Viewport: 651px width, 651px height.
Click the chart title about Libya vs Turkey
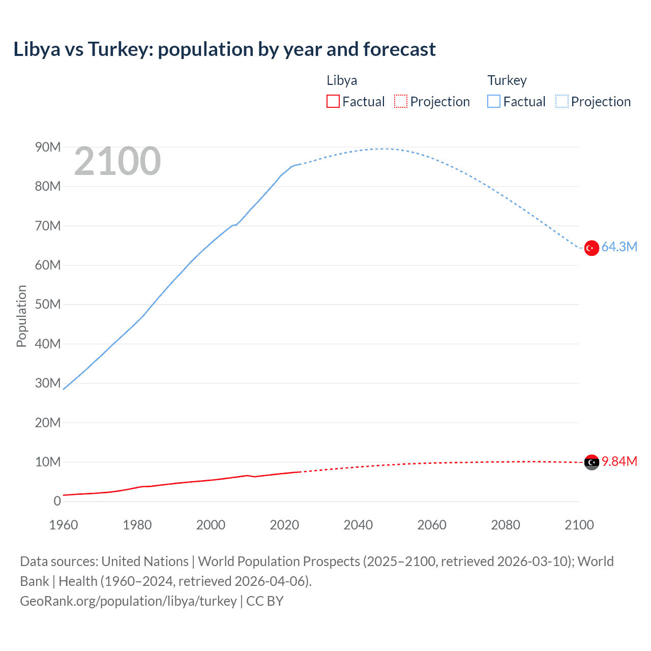point(224,49)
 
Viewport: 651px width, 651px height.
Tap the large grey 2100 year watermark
point(117,161)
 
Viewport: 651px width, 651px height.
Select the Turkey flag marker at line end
point(591,248)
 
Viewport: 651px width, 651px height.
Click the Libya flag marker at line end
point(591,462)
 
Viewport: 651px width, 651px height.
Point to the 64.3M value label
point(619,247)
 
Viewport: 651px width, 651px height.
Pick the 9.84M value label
point(619,462)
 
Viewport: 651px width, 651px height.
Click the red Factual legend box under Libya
point(333,101)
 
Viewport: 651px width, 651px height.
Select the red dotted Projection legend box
point(401,101)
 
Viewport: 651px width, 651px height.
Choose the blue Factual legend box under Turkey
point(493,101)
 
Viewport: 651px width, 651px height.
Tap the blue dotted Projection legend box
point(561,101)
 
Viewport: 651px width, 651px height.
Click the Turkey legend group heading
point(507,80)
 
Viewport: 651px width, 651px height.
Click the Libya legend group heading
point(341,80)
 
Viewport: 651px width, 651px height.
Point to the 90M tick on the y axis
point(48,147)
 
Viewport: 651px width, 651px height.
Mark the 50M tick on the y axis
point(48,305)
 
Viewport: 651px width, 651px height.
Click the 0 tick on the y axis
point(57,501)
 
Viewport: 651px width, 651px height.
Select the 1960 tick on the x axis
point(64,525)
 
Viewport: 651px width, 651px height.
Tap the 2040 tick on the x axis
point(358,525)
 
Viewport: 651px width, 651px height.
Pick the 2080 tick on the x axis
point(506,525)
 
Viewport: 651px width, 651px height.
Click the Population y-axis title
point(21,316)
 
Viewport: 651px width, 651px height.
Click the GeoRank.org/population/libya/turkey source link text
point(128,601)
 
